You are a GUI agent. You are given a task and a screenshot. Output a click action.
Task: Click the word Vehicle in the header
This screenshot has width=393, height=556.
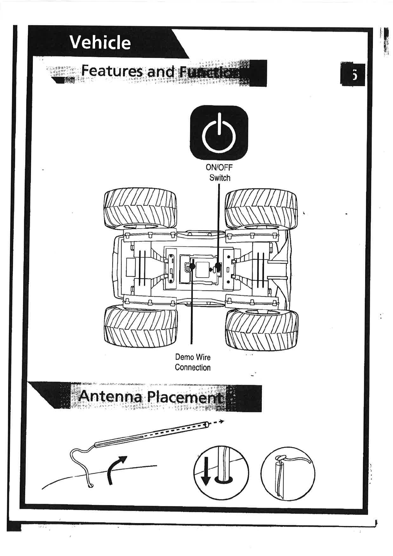coord(100,43)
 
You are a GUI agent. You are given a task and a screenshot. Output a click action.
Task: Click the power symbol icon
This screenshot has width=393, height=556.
coord(219,133)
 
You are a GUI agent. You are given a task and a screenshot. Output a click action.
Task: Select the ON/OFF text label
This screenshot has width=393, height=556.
coord(219,167)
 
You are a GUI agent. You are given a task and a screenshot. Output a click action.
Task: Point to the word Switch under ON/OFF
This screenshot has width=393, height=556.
coord(220,178)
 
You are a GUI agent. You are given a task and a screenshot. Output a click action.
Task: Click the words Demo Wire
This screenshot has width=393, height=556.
coord(193,357)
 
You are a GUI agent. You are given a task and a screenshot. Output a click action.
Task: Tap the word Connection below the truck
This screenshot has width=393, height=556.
coord(193,368)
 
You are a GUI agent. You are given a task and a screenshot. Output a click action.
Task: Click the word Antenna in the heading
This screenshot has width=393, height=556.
coord(110,396)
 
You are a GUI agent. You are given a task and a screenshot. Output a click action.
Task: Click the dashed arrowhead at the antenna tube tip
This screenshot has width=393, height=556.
coord(221,422)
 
